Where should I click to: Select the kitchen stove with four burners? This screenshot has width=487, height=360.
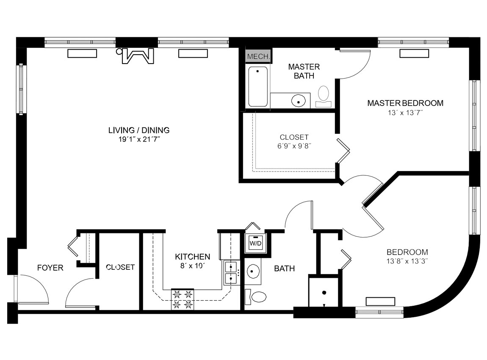tap(182, 299)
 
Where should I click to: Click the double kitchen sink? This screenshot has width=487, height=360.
tap(231, 273)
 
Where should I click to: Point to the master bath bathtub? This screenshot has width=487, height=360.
tap(258, 86)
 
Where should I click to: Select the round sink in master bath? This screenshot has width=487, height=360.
tap(299, 101)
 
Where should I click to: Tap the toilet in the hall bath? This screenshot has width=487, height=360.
tap(257, 296)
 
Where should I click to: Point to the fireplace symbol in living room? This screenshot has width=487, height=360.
tap(136, 56)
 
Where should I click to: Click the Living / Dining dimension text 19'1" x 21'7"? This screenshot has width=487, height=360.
tap(139, 139)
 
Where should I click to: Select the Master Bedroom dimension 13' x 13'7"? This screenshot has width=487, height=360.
tap(405, 113)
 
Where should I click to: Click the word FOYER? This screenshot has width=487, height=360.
tap(50, 268)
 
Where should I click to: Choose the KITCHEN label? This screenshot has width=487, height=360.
tap(193, 257)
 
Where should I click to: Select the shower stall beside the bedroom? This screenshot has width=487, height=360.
tap(324, 292)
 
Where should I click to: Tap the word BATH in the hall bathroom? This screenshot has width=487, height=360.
tap(284, 269)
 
